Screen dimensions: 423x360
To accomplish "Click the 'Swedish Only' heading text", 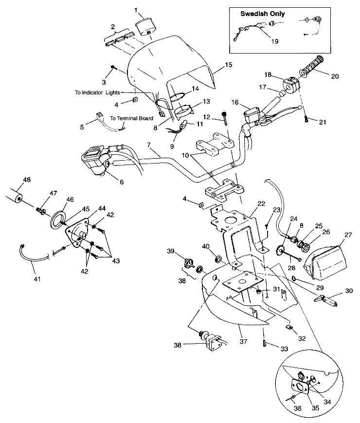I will pyautogui.click(x=262, y=14).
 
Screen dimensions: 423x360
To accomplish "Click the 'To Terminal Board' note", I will pyautogui.click(x=131, y=118).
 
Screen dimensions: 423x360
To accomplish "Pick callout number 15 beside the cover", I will pyautogui.click(x=229, y=65).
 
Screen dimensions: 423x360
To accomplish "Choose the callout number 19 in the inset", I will pyautogui.click(x=274, y=41).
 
